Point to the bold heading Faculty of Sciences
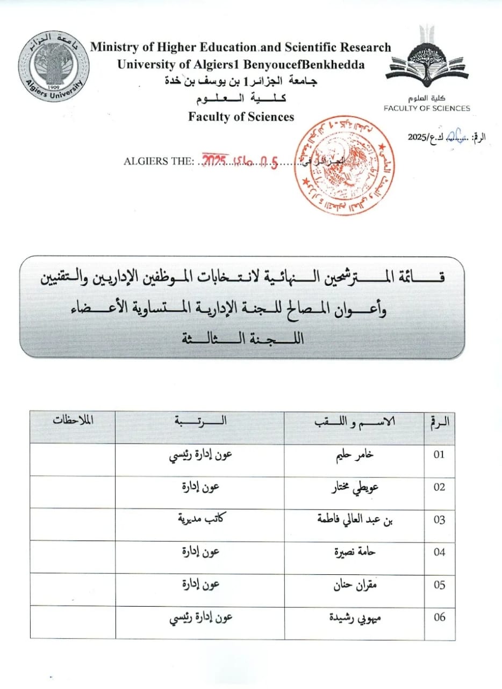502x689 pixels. pyautogui.click(x=241, y=116)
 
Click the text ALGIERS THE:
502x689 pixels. pyautogui.click(x=157, y=161)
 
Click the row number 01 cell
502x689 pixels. pyautogui.click(x=439, y=455)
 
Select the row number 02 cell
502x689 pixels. pyautogui.click(x=439, y=488)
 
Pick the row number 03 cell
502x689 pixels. pyautogui.click(x=439, y=520)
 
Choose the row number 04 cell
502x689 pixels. pyautogui.click(x=439, y=552)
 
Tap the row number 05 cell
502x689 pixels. pyautogui.click(x=439, y=585)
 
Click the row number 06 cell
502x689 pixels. pyautogui.click(x=439, y=617)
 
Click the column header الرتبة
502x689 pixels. pyautogui.click(x=200, y=421)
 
